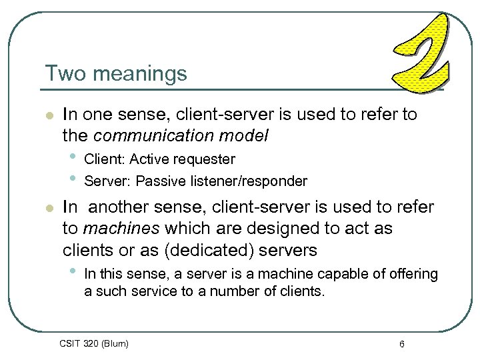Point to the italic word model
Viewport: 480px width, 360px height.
click(x=247, y=136)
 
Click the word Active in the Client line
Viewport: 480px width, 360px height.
click(x=149, y=159)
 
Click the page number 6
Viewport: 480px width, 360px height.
click(x=402, y=344)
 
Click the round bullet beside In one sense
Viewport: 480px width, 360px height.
click(x=48, y=115)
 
